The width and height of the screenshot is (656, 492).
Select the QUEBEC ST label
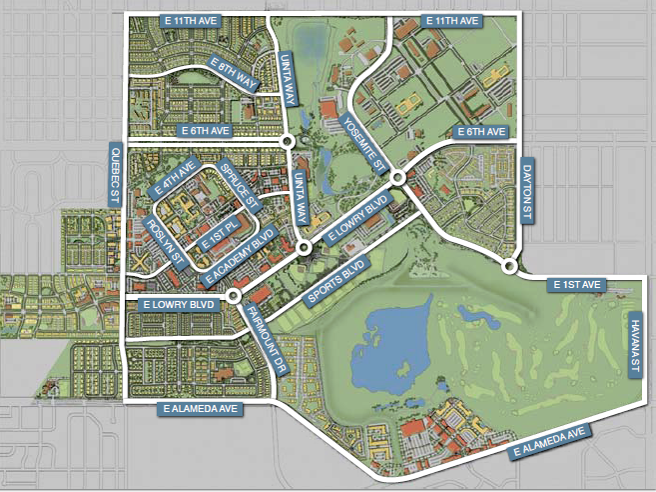click(113, 174)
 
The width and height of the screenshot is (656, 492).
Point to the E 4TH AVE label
click(174, 179)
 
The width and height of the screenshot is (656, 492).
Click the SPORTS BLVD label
click(335, 281)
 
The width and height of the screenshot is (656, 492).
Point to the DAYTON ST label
click(528, 188)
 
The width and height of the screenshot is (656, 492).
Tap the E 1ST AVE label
click(579, 285)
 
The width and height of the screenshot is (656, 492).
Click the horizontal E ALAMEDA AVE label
click(198, 408)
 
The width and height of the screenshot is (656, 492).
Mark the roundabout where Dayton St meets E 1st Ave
click(510, 267)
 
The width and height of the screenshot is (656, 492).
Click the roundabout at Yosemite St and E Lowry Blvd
click(397, 177)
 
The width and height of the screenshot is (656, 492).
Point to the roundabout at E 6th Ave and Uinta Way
click(288, 141)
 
